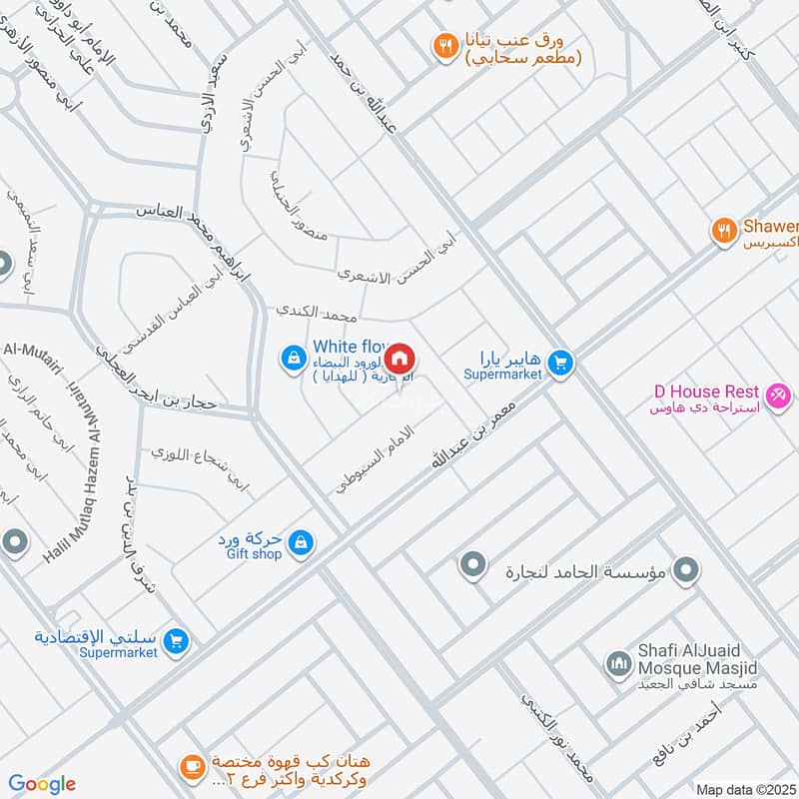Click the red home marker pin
tap(399, 358)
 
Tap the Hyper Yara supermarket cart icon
tap(560, 364)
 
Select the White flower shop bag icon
tap(294, 357)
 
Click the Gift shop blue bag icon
tap(300, 543)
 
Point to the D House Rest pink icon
tap(779, 395)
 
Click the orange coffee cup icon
tap(190, 767)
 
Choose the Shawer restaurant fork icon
tap(723, 231)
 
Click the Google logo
tap(42, 784)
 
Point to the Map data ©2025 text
tap(744, 789)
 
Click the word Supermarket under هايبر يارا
tap(502, 374)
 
